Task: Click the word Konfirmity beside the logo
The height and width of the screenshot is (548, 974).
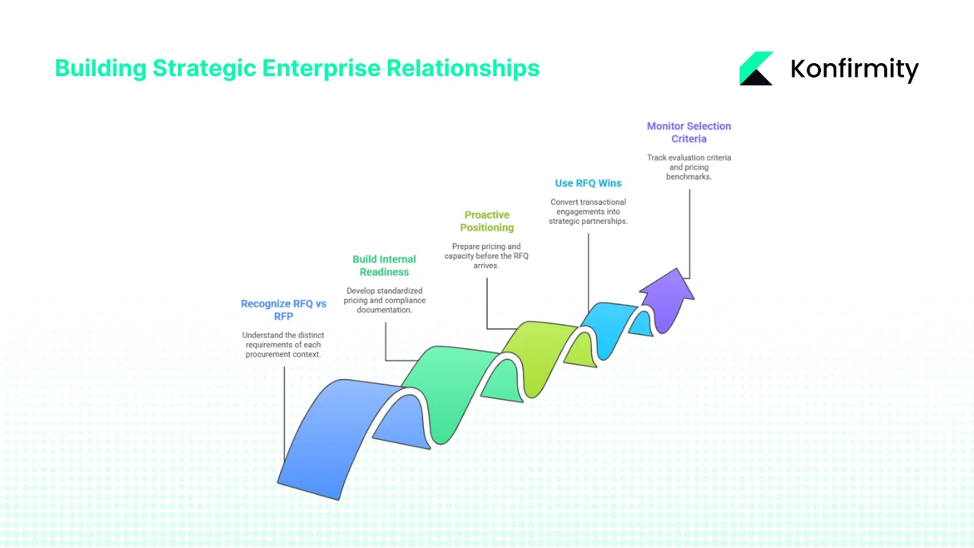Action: (855, 69)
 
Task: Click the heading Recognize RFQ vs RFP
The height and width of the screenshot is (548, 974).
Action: (283, 310)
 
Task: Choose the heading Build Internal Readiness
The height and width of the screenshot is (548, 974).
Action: (384, 266)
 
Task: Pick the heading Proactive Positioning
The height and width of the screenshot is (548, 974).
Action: (487, 221)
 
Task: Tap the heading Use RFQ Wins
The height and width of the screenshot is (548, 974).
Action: (588, 183)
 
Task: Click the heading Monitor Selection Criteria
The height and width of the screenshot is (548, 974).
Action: (689, 132)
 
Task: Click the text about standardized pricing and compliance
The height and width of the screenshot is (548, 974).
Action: (386, 301)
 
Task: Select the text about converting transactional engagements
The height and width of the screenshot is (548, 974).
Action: (588, 212)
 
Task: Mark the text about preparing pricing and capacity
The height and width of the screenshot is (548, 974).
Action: (487, 256)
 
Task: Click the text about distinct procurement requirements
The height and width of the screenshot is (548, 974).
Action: (283, 345)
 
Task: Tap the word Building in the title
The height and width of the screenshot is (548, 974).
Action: (100, 68)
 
